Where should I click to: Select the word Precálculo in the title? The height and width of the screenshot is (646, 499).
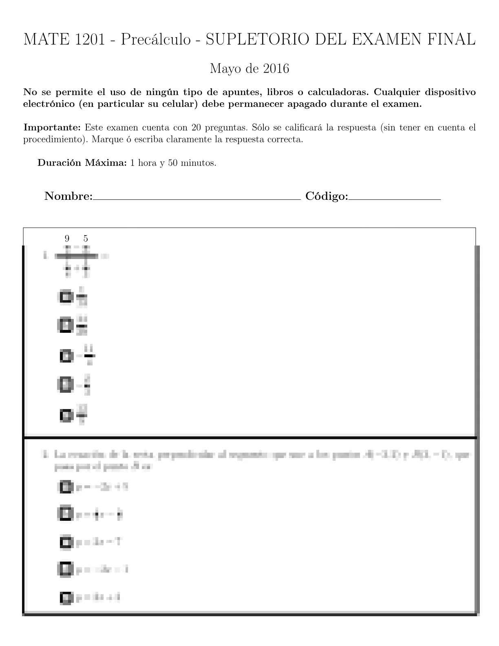(156, 40)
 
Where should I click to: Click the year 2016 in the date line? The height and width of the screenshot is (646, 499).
(276, 69)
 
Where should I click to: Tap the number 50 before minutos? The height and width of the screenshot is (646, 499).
(172, 163)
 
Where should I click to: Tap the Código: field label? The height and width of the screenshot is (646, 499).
(327, 196)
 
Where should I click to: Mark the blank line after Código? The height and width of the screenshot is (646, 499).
(395, 199)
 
